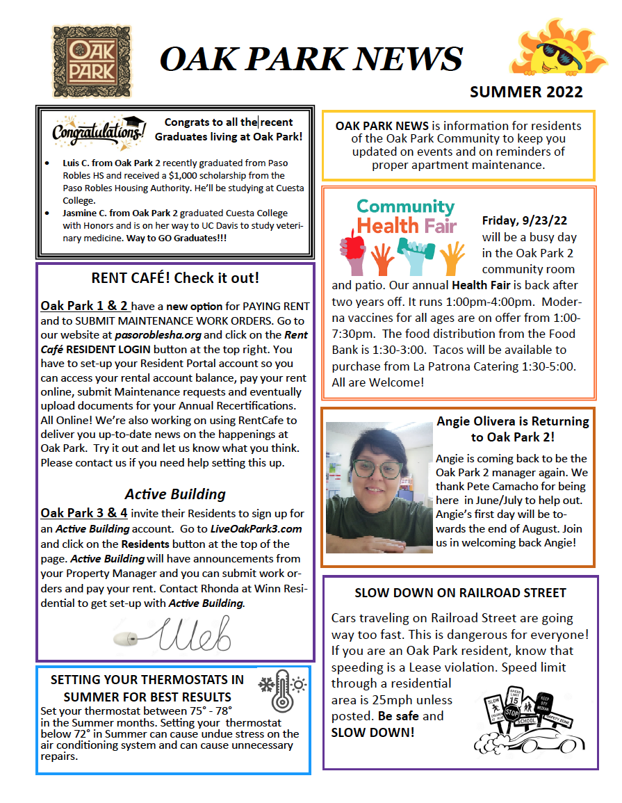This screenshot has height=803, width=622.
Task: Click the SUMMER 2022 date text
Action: (526, 92)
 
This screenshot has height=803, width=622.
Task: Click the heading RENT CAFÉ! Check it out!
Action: (175, 278)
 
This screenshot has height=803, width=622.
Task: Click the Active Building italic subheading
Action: (175, 494)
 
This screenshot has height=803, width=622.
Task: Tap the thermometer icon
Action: (281, 690)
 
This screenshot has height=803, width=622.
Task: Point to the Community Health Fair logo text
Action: (406, 216)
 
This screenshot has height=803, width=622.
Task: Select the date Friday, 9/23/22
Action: (525, 221)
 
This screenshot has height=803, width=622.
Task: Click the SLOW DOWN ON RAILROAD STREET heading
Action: (460, 593)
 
